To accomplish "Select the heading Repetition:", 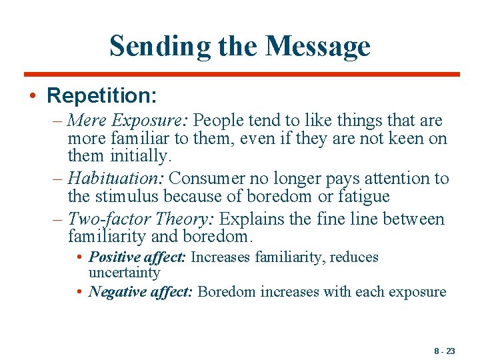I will point(101,95).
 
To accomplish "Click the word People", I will point(221,121).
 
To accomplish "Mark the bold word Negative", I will point(115,291).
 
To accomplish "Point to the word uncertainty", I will point(125,273).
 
